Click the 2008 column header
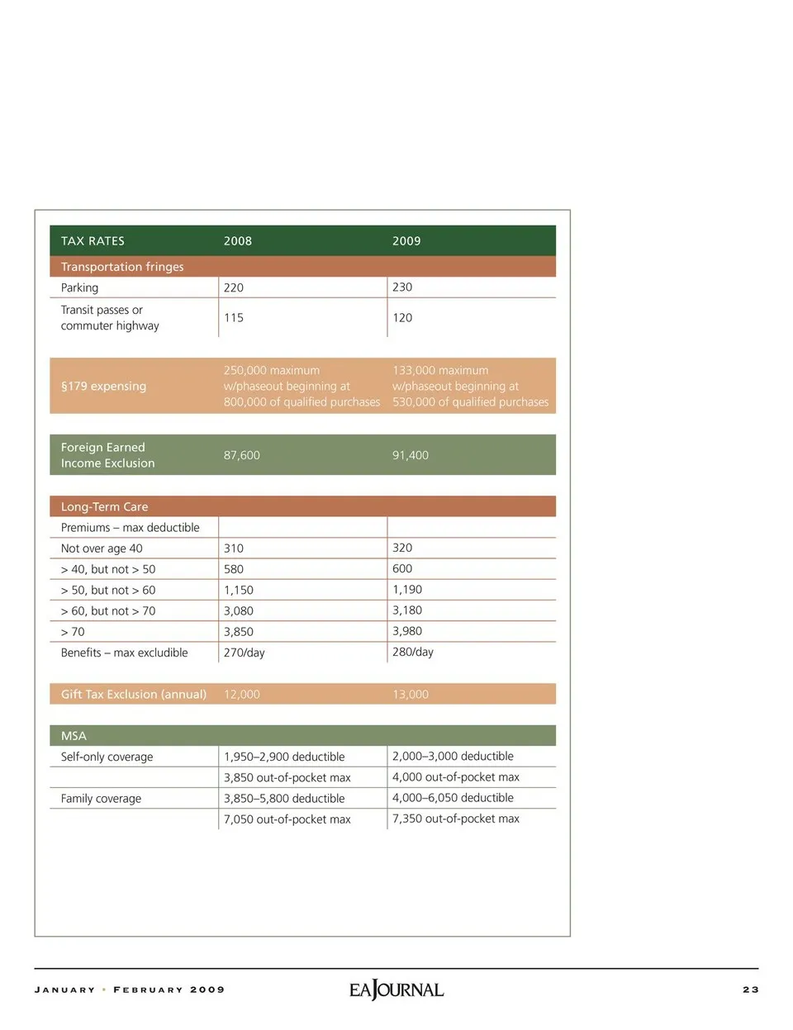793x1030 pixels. point(238,241)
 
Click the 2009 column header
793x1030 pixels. point(406,241)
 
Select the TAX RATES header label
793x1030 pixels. point(93,241)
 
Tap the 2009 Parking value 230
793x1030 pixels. point(402,287)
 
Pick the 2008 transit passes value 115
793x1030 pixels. point(234,318)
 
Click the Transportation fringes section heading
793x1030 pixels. point(122,267)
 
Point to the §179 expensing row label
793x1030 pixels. point(103,387)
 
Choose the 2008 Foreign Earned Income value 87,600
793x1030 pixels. point(242,455)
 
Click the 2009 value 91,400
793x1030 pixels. point(411,455)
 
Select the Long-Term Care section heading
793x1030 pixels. point(104,507)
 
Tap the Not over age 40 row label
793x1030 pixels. point(102,548)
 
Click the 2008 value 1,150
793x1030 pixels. point(239,591)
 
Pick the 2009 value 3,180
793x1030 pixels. point(407,610)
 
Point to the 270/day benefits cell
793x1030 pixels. point(245,653)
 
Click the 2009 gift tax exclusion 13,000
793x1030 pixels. point(411,695)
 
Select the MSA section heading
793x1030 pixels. point(74,736)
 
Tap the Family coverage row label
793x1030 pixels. point(101,799)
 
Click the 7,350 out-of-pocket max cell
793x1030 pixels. point(456,819)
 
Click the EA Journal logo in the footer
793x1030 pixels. point(396,990)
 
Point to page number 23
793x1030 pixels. point(750,990)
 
